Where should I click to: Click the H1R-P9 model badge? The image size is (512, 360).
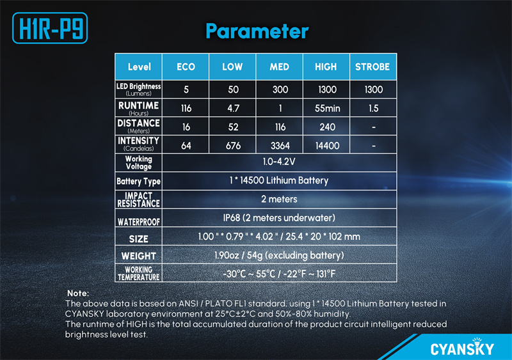(x=50, y=28)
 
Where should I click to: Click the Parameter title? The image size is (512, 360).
(x=257, y=31)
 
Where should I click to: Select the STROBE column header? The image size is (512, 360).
(x=372, y=67)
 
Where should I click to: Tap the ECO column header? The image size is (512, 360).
(x=186, y=67)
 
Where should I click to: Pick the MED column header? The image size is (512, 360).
(x=279, y=67)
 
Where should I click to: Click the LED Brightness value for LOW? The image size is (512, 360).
(x=233, y=90)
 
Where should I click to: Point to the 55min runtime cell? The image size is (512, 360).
(x=327, y=108)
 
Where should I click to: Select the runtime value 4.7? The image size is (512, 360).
(x=233, y=108)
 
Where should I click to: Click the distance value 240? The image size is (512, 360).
(x=327, y=127)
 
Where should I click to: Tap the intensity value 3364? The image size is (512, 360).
(x=280, y=146)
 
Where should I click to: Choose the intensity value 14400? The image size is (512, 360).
(x=327, y=146)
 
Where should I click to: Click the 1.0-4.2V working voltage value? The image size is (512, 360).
(x=279, y=162)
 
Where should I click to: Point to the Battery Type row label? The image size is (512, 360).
(x=138, y=182)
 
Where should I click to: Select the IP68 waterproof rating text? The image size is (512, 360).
(x=279, y=217)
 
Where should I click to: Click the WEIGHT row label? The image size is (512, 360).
(x=138, y=256)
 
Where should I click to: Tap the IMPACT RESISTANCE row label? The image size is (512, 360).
(x=138, y=200)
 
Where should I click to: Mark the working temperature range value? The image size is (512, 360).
(x=279, y=274)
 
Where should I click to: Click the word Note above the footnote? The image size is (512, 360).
(x=77, y=293)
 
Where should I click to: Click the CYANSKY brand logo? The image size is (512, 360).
(x=462, y=347)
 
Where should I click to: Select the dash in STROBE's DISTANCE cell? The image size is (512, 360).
(x=374, y=127)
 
